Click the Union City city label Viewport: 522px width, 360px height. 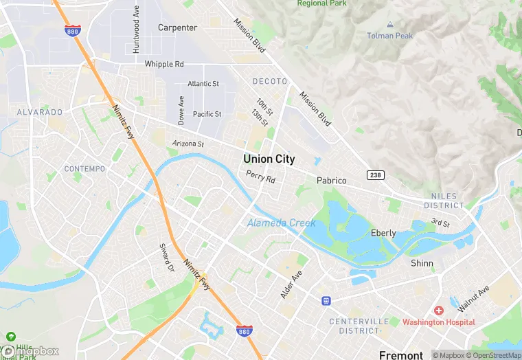click(x=269, y=159)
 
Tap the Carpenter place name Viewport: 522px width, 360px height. click(x=177, y=28)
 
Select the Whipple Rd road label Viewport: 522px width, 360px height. click(x=164, y=64)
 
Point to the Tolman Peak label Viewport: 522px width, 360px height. click(x=389, y=36)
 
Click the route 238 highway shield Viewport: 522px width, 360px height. click(x=375, y=175)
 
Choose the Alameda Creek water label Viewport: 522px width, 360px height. click(x=281, y=223)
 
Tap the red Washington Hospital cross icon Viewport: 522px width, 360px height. click(x=438, y=311)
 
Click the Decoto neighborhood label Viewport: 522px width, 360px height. click(x=269, y=81)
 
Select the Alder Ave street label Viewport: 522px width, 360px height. click(x=291, y=284)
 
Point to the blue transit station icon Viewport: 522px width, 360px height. click(x=326, y=300)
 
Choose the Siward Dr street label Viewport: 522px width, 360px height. click(x=166, y=256)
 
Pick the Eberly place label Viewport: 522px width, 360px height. click(x=383, y=233)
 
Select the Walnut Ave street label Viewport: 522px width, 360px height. click(x=475, y=297)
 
